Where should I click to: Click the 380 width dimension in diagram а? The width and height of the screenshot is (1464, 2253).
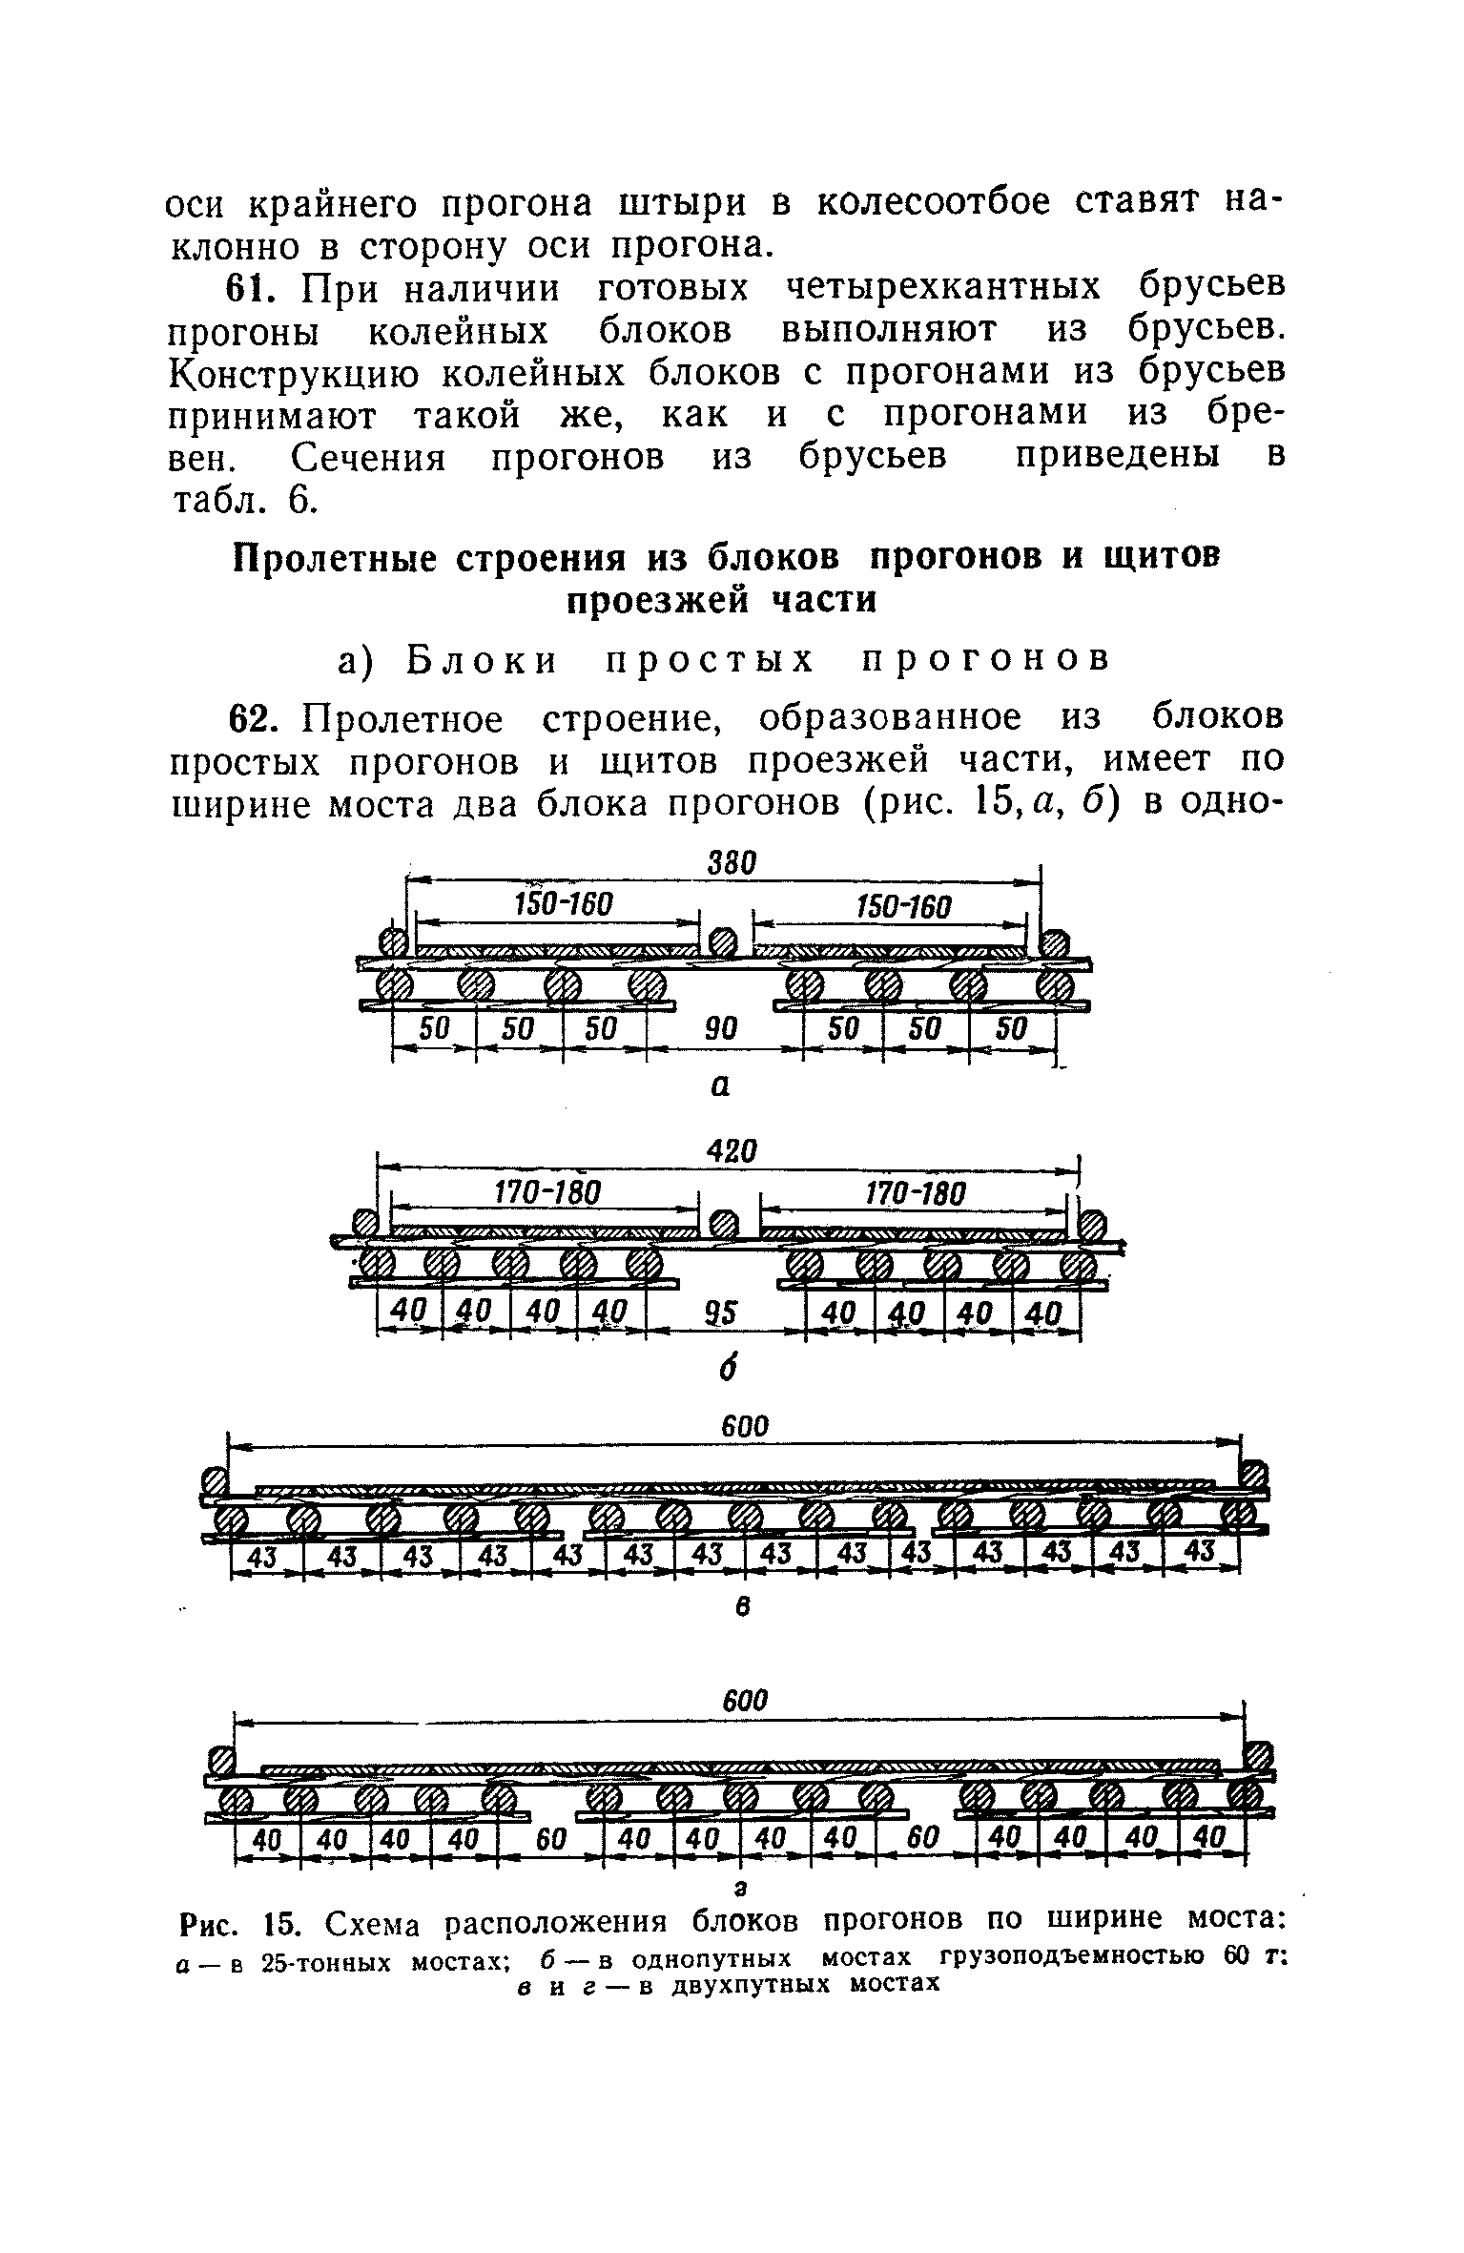point(732,862)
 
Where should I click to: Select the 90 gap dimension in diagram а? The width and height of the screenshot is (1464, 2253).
point(720,1028)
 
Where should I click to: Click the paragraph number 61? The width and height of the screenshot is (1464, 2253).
point(248,287)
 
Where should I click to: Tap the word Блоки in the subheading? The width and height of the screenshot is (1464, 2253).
point(481,659)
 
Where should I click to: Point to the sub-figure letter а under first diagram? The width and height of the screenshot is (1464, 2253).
point(721,1085)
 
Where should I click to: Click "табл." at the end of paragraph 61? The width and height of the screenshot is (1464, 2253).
point(214,500)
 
